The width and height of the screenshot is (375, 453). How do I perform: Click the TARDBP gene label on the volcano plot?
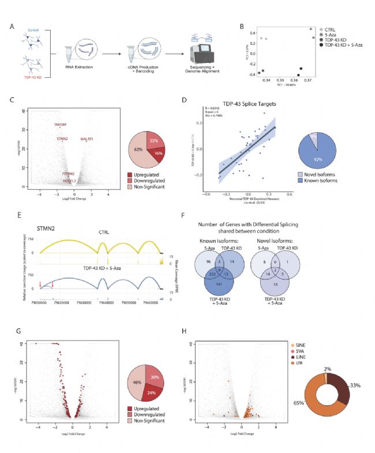coord(61,125)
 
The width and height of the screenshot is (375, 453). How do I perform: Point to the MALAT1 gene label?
coord(95,139)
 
